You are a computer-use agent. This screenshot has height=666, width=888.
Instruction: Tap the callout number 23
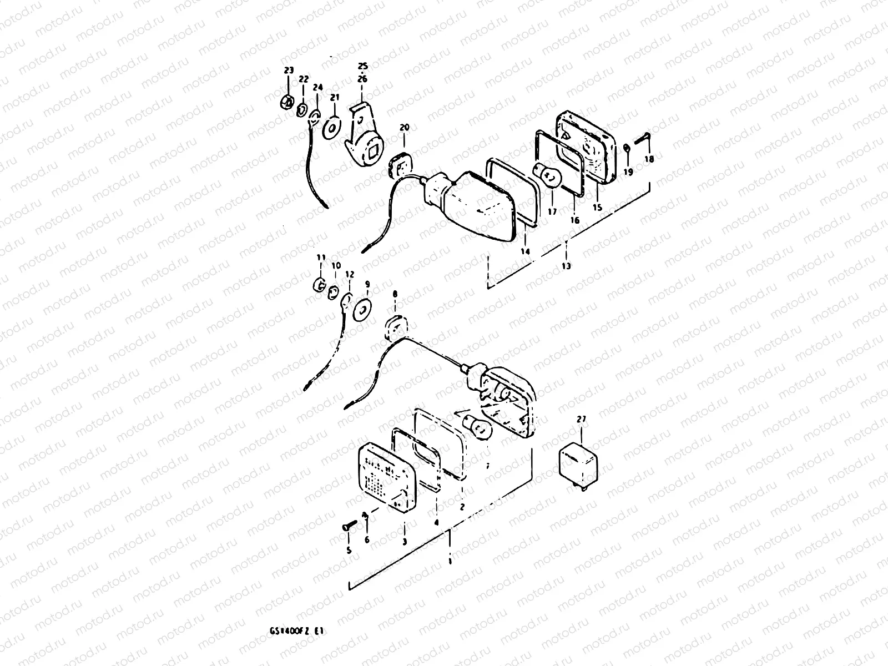(x=288, y=70)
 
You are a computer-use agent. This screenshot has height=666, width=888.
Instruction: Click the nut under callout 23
(x=288, y=102)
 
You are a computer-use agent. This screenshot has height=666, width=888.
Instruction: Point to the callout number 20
(x=404, y=128)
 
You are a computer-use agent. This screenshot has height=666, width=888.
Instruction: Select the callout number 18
(x=649, y=159)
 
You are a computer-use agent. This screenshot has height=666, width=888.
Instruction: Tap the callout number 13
(x=566, y=266)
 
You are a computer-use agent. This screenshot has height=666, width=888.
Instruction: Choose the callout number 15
(x=597, y=208)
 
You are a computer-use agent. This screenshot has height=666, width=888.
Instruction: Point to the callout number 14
(x=525, y=251)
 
